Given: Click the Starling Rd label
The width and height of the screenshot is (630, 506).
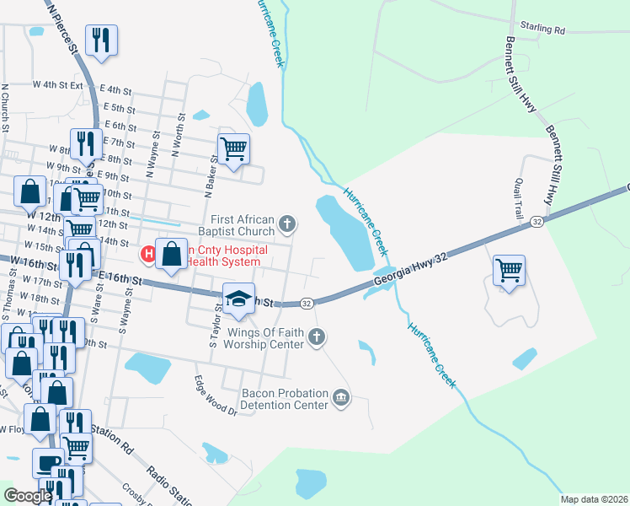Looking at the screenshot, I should (x=542, y=29).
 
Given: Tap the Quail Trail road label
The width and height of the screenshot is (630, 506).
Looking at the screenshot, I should (x=519, y=196).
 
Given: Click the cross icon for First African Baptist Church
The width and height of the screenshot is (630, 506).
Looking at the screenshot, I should (x=288, y=223).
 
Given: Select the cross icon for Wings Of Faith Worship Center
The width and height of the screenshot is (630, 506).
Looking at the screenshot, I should (x=317, y=337).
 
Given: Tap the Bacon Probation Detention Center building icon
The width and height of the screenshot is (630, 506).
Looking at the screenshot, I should (x=341, y=397).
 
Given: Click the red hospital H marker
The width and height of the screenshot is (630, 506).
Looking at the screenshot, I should (x=148, y=252).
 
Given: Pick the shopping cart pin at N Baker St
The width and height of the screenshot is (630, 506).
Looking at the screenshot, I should (x=233, y=149).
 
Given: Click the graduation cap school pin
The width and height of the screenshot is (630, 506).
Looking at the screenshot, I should (x=239, y=298).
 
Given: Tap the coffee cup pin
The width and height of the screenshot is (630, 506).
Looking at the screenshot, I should (x=48, y=462).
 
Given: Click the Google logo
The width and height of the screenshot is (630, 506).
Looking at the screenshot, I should (x=28, y=496).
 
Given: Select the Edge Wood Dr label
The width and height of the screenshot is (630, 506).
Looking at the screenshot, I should (x=216, y=395).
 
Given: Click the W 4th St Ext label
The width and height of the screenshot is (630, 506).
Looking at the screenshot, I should (x=58, y=85).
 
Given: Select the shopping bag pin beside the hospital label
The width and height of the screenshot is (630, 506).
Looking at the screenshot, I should (x=172, y=254).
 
